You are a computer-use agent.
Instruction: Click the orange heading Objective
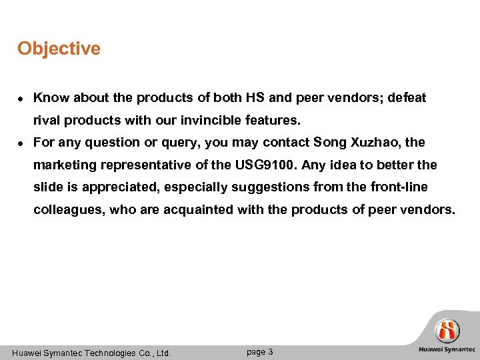pyautogui.click(x=59, y=49)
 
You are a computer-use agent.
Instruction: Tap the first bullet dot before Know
pyautogui.click(x=21, y=99)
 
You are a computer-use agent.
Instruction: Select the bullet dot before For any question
pyautogui.click(x=21, y=143)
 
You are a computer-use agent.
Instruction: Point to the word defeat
pyautogui.click(x=405, y=98)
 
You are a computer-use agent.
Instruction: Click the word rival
pyautogui.click(x=46, y=121)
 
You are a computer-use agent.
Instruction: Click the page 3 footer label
pyautogui.click(x=259, y=352)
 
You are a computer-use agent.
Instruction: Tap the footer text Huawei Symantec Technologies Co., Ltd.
pyautogui.click(x=91, y=353)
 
